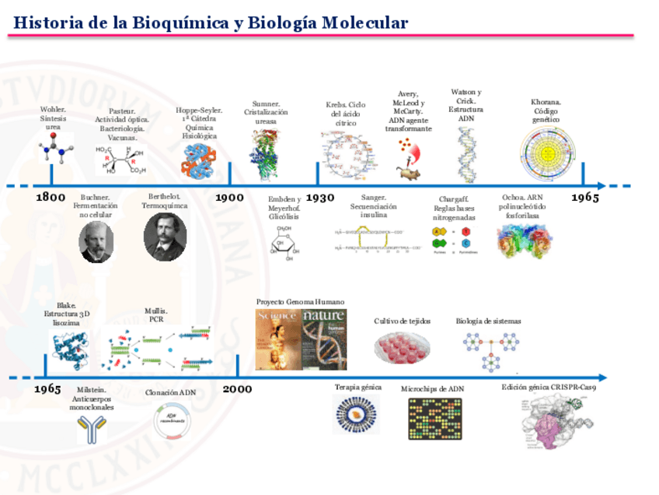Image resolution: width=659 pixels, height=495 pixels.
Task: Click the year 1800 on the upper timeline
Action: (51, 198)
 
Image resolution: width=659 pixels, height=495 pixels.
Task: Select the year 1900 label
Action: (229, 198)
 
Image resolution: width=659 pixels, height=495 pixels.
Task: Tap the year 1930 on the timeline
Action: (320, 198)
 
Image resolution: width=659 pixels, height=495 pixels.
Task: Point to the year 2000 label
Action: (237, 388)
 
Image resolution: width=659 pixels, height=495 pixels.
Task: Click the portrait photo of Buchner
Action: (96, 241)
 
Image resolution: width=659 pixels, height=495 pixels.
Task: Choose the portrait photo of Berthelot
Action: (165, 237)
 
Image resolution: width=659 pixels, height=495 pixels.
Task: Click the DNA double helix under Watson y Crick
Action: (467, 153)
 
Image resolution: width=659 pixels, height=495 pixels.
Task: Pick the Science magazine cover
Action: (278, 339)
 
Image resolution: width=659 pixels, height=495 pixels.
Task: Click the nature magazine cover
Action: (325, 339)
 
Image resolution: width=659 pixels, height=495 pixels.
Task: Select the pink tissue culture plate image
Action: (402, 347)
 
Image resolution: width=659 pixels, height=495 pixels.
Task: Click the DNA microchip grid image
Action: (435, 419)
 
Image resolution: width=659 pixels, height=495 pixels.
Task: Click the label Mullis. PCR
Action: (156, 314)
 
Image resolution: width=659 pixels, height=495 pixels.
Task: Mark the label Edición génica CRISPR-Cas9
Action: (554, 387)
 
